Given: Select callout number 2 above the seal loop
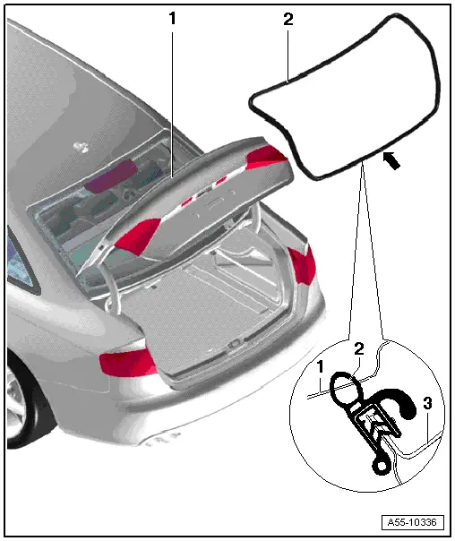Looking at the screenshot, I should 287,17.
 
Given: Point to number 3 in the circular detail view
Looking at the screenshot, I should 428,404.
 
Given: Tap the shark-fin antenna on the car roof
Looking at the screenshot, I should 82,142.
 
